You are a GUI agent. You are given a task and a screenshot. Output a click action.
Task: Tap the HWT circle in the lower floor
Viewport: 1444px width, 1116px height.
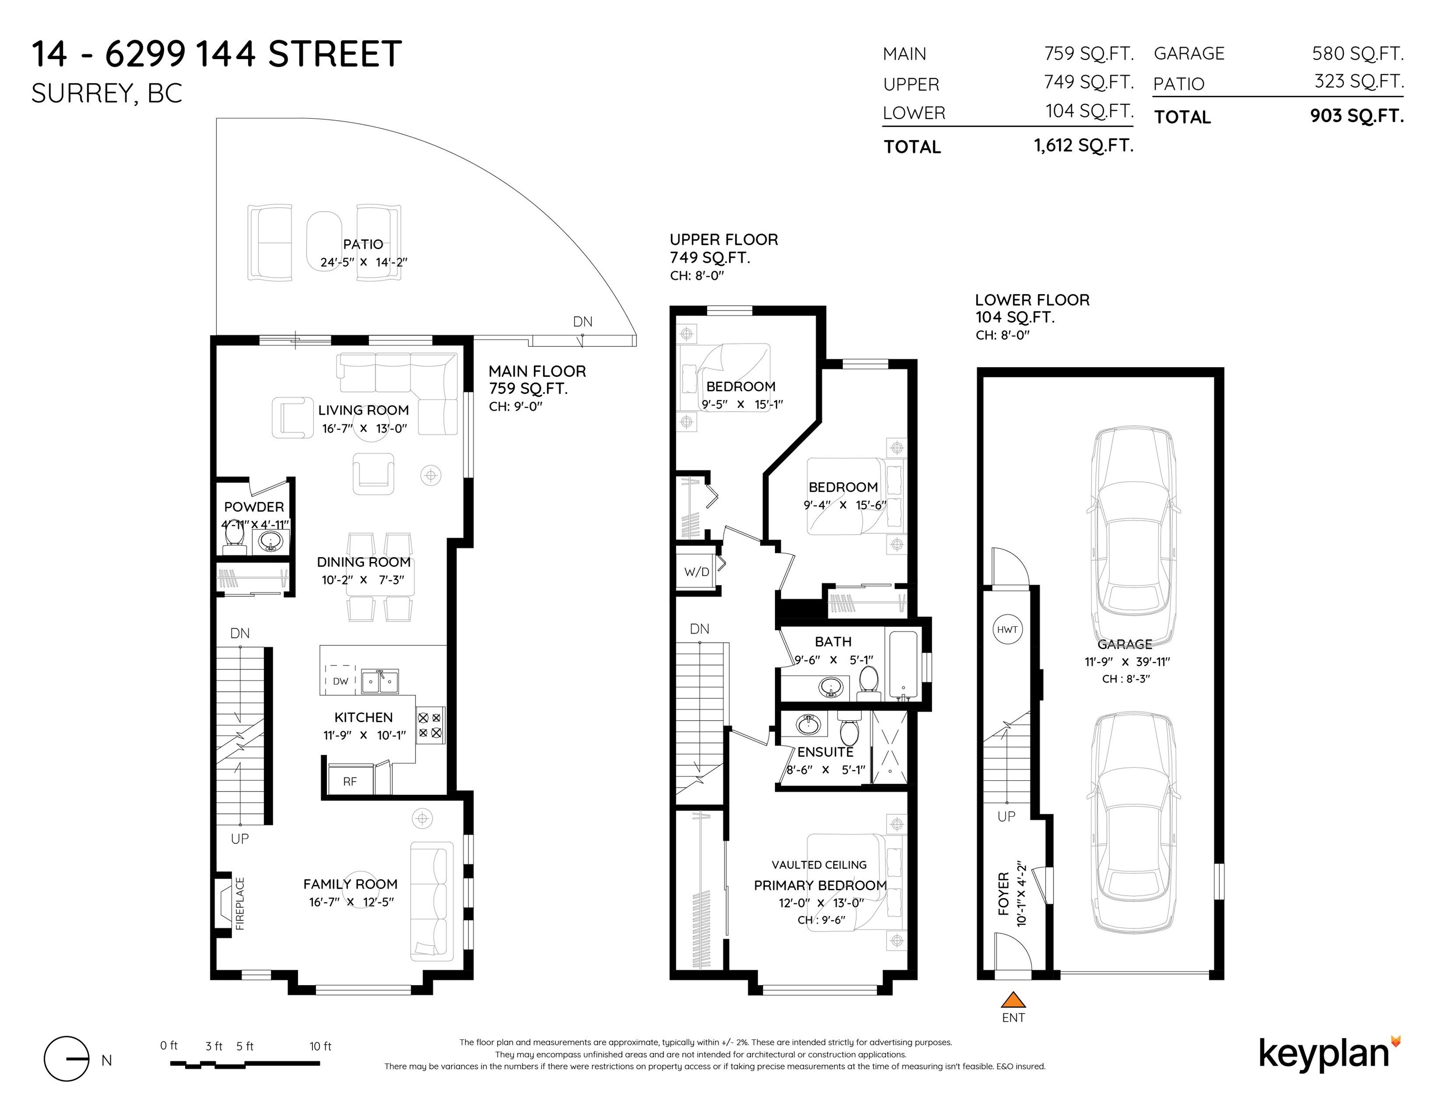pyautogui.click(x=1007, y=629)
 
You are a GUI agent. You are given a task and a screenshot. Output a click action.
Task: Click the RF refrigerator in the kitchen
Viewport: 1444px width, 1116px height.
pyautogui.click(x=350, y=781)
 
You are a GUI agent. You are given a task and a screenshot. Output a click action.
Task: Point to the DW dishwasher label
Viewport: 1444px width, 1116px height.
pyautogui.click(x=341, y=681)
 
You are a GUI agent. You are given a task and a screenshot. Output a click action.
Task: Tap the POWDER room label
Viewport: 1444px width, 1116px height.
pyautogui.click(x=254, y=507)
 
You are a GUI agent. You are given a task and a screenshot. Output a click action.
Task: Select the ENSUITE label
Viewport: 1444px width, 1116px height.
pyautogui.click(x=825, y=752)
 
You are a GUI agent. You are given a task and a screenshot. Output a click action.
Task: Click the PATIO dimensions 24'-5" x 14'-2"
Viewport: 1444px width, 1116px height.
pyautogui.click(x=364, y=262)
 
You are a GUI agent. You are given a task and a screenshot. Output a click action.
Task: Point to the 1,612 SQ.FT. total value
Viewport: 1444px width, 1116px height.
pyautogui.click(x=1084, y=145)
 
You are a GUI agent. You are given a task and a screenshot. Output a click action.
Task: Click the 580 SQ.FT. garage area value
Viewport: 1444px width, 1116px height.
pyautogui.click(x=1358, y=54)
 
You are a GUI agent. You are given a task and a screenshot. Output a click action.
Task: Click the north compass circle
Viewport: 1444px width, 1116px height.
pyautogui.click(x=66, y=1058)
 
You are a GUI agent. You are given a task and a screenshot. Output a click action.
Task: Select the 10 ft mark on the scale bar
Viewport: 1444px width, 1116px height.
pyautogui.click(x=321, y=1046)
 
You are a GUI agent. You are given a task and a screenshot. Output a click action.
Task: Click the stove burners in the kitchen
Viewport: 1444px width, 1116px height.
pyautogui.click(x=431, y=725)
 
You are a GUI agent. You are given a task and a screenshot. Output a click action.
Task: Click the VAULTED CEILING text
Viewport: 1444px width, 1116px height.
pyautogui.click(x=819, y=865)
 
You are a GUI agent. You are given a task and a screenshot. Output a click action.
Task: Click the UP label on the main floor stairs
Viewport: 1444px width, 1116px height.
pyautogui.click(x=239, y=838)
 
